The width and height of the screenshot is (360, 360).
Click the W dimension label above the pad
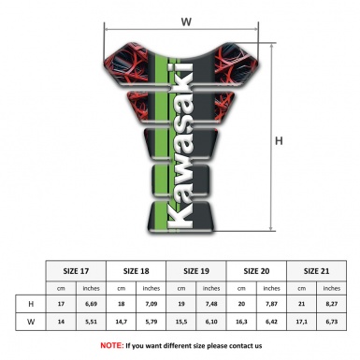[185, 19]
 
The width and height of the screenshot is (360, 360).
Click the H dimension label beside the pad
[278, 141]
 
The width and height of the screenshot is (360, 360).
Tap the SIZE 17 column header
[77, 270]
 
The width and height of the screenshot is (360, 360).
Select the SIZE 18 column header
[137, 270]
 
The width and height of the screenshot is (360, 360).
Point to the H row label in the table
[32, 304]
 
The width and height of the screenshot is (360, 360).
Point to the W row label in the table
[32, 322]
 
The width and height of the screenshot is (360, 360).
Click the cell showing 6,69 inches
[92, 304]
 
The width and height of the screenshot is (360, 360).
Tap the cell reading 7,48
[213, 304]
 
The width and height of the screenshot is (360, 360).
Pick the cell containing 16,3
[243, 322]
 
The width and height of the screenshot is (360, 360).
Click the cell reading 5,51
[92, 322]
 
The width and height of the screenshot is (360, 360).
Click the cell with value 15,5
[182, 322]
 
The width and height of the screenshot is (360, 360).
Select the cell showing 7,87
[273, 304]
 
